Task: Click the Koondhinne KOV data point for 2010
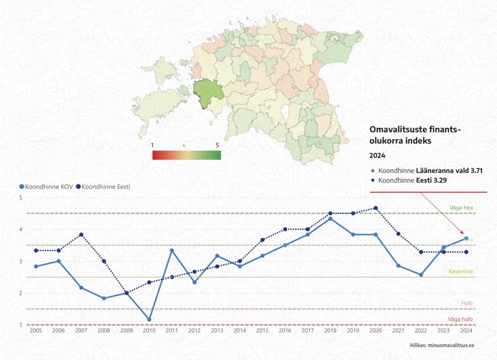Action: [149, 320]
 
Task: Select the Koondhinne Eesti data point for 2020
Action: [375, 208]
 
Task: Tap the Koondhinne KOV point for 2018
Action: [330, 219]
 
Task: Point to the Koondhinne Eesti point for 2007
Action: [81, 235]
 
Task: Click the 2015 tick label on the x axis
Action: [262, 330]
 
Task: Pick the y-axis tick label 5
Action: [21, 198]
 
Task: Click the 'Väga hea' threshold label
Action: [461, 208]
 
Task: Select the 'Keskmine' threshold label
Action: [461, 271]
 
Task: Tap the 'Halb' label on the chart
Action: [466, 303]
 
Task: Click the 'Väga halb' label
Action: [460, 319]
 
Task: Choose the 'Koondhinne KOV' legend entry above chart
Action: [46, 187]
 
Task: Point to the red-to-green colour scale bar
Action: [186, 155]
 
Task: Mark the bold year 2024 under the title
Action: [377, 156]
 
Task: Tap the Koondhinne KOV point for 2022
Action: [421, 275]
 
